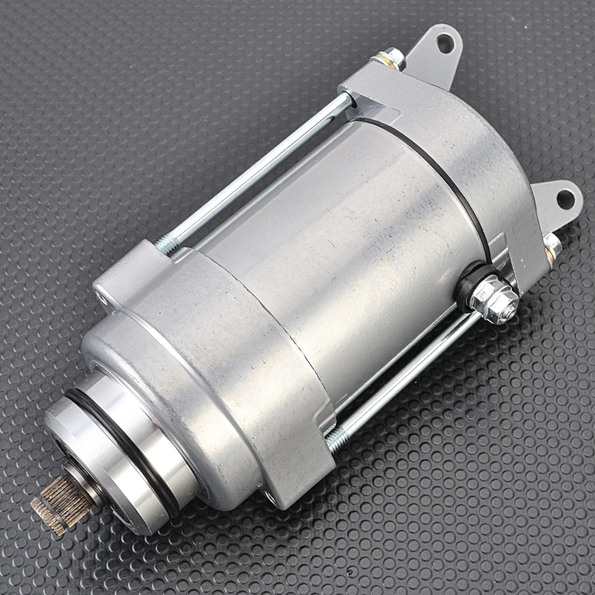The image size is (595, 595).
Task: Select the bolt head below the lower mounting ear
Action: tap(552, 245)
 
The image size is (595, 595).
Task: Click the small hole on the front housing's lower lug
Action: tap(271, 494)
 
